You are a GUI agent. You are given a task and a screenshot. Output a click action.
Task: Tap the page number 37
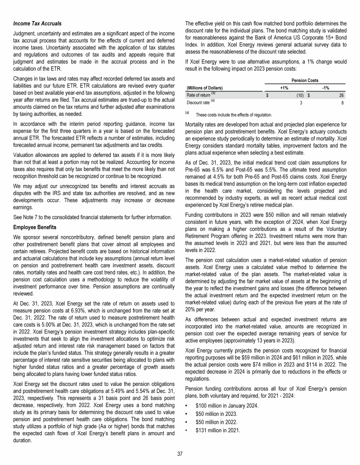click(180, 454)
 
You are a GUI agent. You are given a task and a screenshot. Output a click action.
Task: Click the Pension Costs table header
click(303, 80)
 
